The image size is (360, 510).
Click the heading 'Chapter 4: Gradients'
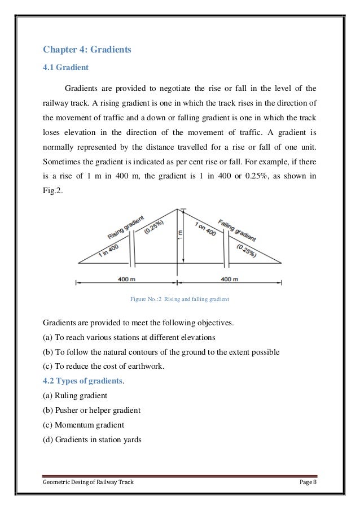(87, 50)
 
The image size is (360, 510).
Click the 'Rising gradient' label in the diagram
(125, 227)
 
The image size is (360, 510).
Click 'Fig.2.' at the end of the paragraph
(54, 191)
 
